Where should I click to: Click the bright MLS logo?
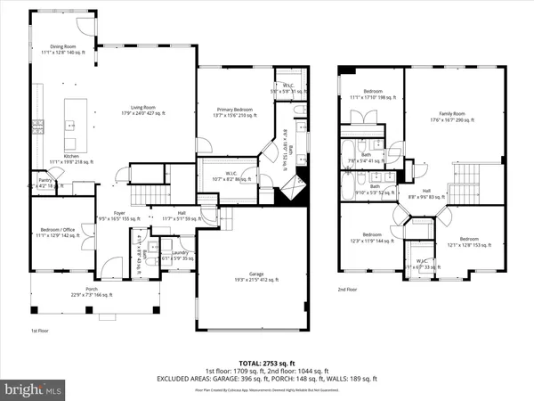coord(34,389)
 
